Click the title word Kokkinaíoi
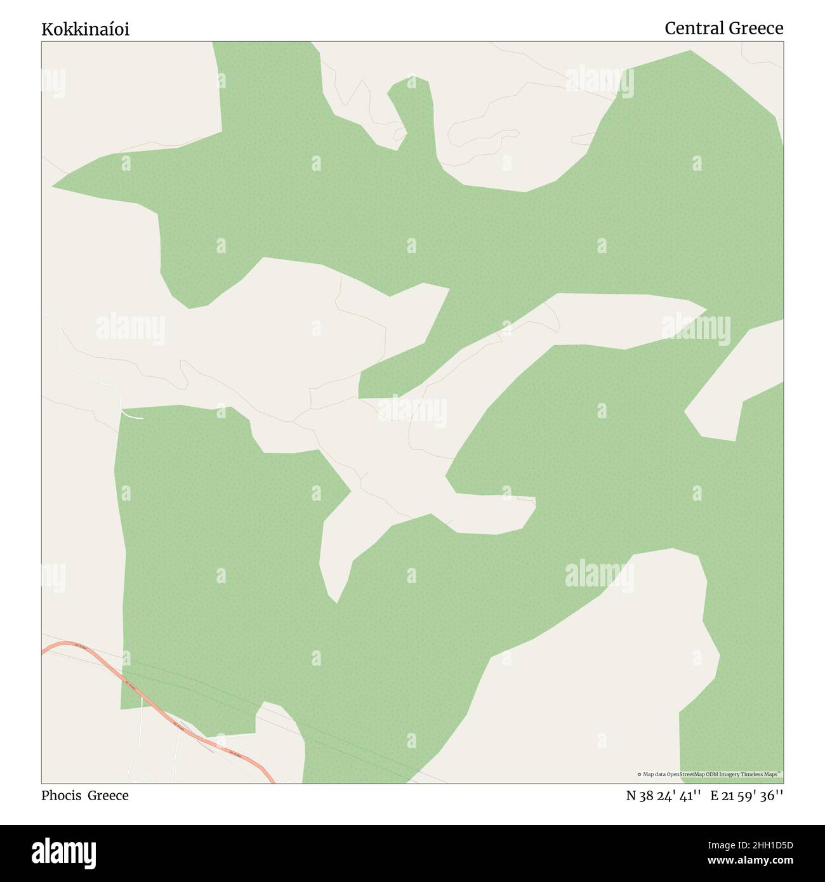tap(85, 29)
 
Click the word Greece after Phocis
tap(108, 796)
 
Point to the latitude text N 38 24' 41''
tap(663, 796)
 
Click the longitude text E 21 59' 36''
tap(746, 796)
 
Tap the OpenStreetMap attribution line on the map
tap(709, 774)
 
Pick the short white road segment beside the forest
tap(132, 416)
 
